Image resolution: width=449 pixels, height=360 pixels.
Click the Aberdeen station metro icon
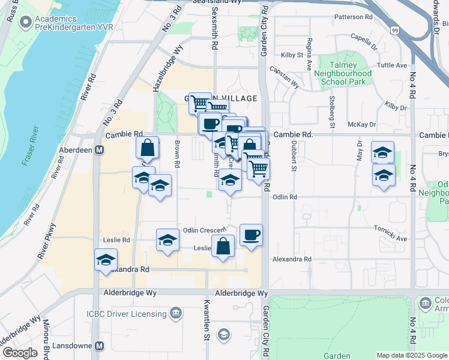[100, 150]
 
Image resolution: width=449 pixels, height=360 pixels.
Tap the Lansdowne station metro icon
[100, 346]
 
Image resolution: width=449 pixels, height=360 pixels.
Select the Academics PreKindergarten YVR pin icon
[25, 23]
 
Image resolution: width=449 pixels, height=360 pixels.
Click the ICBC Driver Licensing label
[126, 313]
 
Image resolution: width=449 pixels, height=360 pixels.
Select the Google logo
[20, 353]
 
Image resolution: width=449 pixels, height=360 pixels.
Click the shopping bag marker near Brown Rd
[147, 149]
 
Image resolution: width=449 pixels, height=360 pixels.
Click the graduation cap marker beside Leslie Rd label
[167, 240]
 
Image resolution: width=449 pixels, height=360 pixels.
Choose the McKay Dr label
[361, 124]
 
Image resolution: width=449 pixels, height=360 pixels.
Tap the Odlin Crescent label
[205, 230]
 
